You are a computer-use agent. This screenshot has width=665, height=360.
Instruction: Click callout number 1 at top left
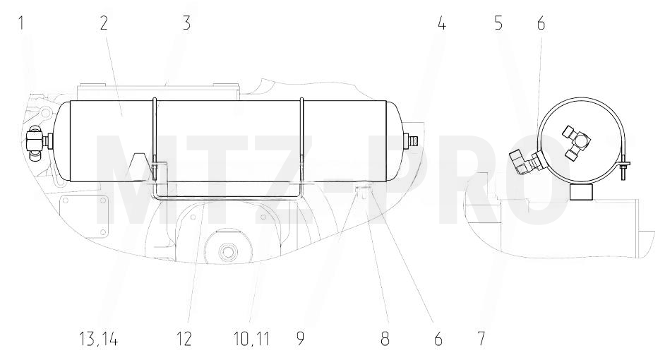click(x=20, y=23)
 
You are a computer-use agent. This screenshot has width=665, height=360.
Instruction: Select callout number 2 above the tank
click(x=104, y=23)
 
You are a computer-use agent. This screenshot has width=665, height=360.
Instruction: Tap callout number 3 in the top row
click(x=186, y=23)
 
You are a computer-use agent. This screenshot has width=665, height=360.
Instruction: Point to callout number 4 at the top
click(x=441, y=23)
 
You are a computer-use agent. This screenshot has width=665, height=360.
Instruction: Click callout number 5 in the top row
click(x=498, y=23)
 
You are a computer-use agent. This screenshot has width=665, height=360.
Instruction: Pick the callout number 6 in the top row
click(x=541, y=23)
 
